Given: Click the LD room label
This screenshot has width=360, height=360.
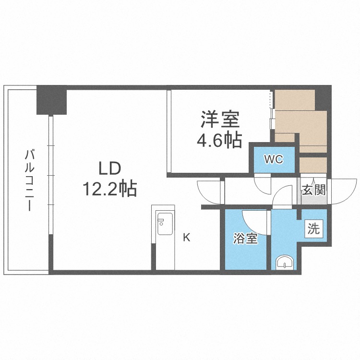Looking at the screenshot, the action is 109,168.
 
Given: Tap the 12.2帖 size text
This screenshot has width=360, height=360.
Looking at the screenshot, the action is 109,189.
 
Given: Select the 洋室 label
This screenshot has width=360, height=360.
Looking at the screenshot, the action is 220,120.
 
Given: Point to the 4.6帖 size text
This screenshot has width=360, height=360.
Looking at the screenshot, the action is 219,140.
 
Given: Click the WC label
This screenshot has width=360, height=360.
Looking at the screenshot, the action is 274,159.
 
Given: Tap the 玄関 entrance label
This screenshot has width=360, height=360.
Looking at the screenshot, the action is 314,190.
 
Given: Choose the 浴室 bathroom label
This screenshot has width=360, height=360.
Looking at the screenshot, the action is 245,239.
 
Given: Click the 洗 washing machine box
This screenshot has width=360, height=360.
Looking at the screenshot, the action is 314,228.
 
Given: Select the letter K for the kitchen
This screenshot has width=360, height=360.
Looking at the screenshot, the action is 187,238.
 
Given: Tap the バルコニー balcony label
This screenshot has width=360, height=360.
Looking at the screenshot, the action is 29,180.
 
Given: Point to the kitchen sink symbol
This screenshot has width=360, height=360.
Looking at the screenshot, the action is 164,224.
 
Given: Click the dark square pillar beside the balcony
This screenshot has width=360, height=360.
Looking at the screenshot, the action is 52,100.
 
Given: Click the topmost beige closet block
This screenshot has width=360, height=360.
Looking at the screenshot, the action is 295,100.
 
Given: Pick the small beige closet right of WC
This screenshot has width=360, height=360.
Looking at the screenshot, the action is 313,165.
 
